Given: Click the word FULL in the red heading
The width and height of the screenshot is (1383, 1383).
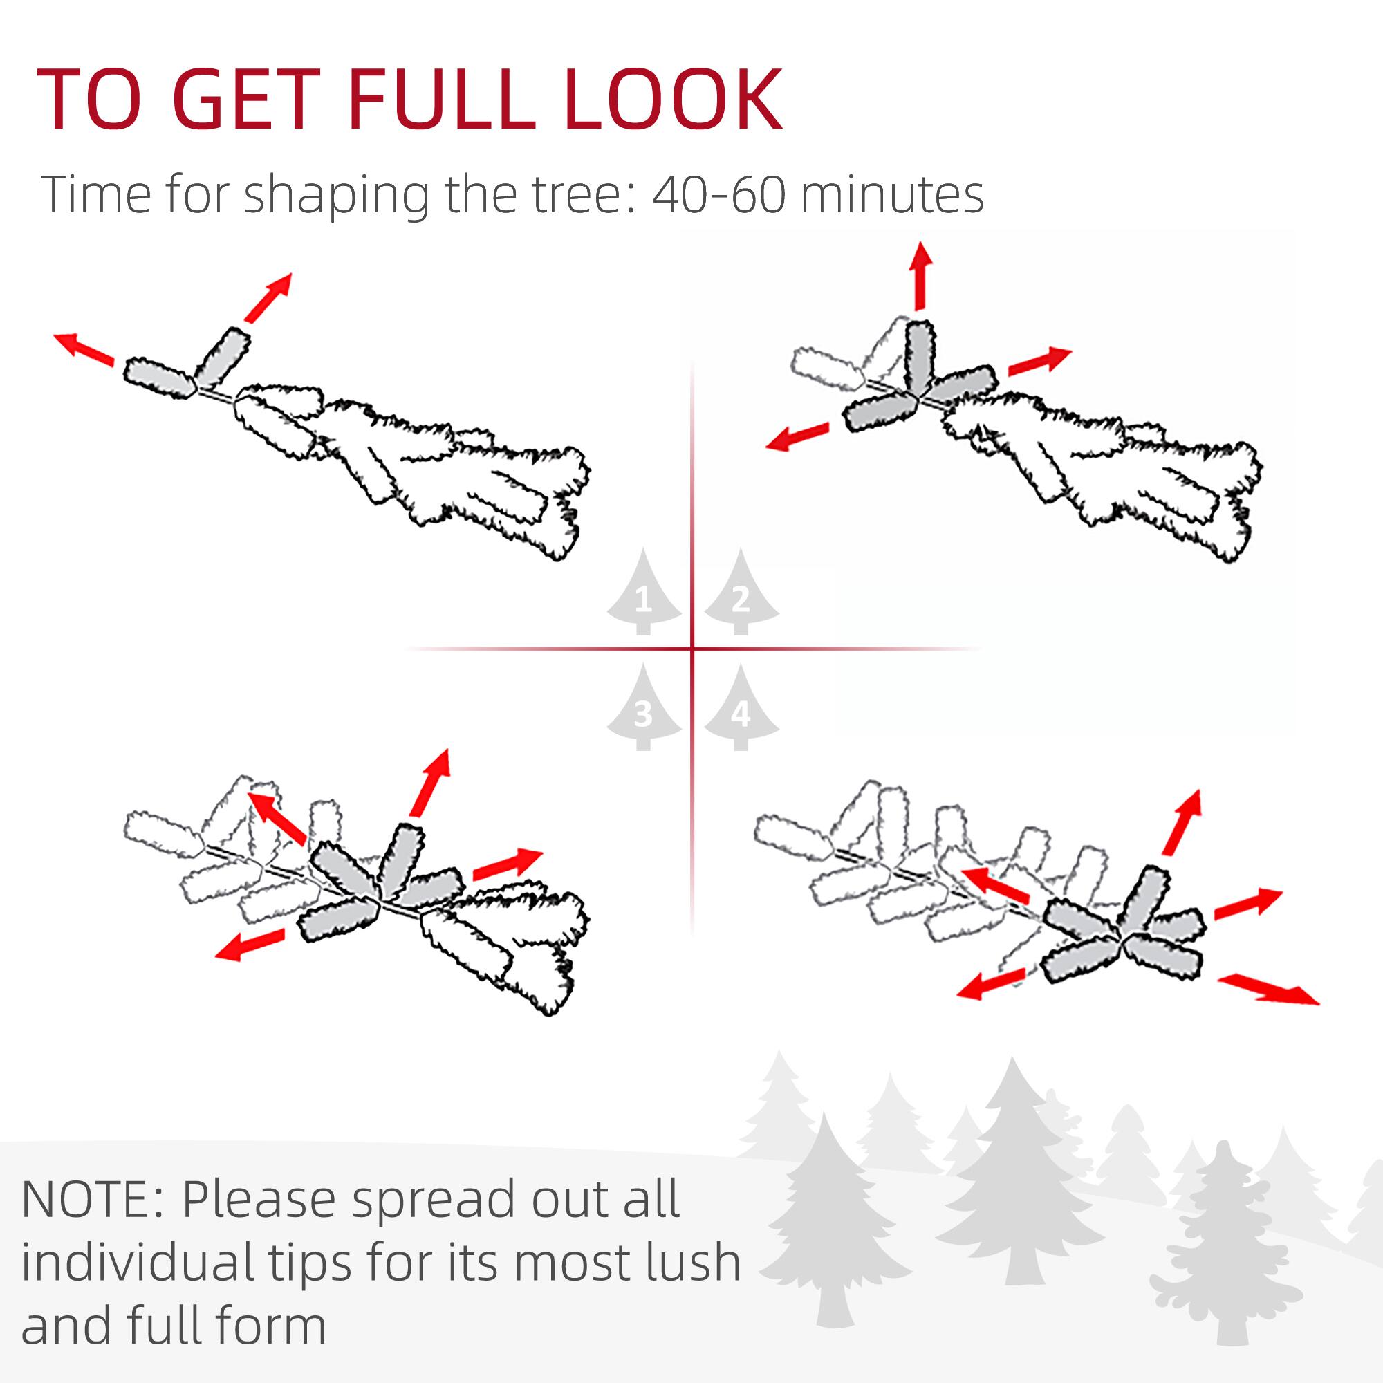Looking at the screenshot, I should click(x=442, y=100).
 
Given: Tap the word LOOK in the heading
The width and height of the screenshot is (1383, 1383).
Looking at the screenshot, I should click(x=673, y=100).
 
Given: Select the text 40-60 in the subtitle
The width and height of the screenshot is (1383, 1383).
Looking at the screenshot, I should click(x=718, y=195).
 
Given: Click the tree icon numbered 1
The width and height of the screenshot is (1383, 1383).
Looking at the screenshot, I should click(x=644, y=594).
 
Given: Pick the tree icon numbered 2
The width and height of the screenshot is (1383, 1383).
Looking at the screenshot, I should click(x=741, y=594).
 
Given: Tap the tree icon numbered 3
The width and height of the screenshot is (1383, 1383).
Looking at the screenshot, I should click(x=644, y=709).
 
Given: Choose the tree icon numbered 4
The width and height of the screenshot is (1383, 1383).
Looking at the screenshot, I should click(x=741, y=709).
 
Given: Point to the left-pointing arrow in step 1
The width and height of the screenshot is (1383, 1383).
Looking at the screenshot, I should click(x=84, y=349).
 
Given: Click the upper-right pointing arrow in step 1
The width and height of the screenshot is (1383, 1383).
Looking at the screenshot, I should click(x=268, y=297).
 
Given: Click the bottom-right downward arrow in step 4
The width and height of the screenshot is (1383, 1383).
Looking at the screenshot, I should click(x=1268, y=990).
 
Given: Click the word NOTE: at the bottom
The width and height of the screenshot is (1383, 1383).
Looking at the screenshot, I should click(x=93, y=1199).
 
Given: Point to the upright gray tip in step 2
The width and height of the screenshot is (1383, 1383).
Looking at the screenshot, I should click(x=919, y=355).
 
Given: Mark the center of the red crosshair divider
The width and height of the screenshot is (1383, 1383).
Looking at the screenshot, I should click(x=692, y=649).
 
